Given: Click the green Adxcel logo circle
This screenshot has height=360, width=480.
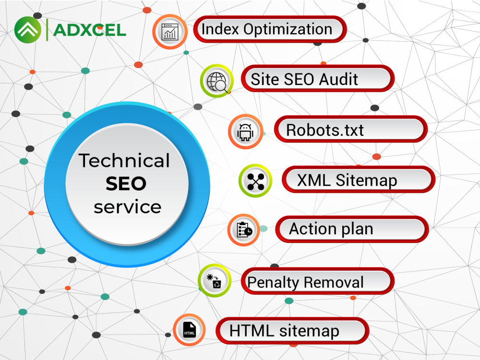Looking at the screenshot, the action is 27,30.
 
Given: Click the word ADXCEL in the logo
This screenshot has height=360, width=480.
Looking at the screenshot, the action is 89,30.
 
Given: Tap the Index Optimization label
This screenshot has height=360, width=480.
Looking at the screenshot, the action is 270,29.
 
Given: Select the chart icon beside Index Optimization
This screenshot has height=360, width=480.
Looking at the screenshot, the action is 170,32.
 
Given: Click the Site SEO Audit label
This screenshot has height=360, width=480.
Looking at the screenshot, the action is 318,79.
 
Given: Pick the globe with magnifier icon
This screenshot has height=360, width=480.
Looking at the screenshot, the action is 217,81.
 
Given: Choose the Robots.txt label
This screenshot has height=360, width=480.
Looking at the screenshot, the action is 350,129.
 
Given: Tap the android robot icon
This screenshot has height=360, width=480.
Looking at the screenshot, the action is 245,132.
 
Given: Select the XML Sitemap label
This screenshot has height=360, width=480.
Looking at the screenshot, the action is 359,180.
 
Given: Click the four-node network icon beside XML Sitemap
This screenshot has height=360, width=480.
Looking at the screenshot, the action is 255,180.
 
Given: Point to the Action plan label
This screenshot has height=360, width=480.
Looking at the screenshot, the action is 352,229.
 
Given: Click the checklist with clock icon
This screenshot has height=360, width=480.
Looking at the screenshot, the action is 244,230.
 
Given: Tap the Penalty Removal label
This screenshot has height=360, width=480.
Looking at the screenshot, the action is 317,281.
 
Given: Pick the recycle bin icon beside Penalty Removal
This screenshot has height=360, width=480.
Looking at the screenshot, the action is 215,281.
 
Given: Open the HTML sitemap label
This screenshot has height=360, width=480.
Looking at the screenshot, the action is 292,331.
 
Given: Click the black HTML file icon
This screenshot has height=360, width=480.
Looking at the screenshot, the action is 189,330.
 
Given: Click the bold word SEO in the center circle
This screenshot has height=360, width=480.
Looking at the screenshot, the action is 126,184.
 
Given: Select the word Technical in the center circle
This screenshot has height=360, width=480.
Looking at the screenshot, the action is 124,160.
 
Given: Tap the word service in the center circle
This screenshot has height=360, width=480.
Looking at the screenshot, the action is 127,207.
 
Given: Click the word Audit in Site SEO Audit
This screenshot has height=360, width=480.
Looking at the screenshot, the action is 338,79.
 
